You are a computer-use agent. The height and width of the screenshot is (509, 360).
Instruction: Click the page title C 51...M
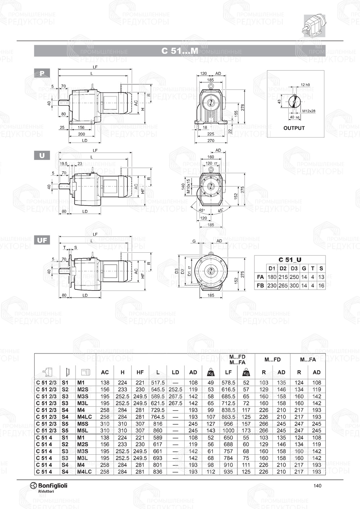pyautogui.click(x=180, y=51)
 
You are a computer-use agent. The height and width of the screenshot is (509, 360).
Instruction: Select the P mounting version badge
pyautogui.click(x=42, y=73)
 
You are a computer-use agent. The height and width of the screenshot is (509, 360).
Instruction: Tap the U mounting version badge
pyautogui.click(x=42, y=156)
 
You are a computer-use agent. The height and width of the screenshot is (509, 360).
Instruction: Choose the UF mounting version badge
pyautogui.click(x=42, y=240)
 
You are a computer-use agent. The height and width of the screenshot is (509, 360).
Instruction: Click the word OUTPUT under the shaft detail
pyautogui.click(x=294, y=128)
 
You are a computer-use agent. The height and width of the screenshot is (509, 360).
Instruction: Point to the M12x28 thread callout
pyautogui.click(x=309, y=111)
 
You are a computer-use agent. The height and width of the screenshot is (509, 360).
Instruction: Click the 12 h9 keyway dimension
pyautogui.click(x=305, y=85)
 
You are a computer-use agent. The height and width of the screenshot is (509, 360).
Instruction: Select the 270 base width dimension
pyautogui.click(x=211, y=141)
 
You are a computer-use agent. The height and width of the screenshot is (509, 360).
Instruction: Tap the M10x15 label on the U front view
pyautogui.click(x=188, y=187)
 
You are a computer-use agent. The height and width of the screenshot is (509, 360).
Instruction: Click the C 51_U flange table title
pyautogui.click(x=290, y=260)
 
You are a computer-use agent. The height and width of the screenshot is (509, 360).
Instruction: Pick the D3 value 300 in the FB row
pyautogui.click(x=294, y=285)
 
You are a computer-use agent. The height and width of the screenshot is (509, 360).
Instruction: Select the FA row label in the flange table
pyautogui.click(x=260, y=277)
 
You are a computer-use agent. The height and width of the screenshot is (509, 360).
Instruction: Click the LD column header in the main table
pyautogui.click(x=175, y=372)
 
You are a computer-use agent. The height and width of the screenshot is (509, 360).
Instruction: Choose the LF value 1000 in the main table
pyautogui.click(x=228, y=431)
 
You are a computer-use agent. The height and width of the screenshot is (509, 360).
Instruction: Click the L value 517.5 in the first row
pyautogui.click(x=158, y=383)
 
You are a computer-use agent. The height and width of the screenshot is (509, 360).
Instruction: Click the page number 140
pyautogui.click(x=317, y=486)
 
